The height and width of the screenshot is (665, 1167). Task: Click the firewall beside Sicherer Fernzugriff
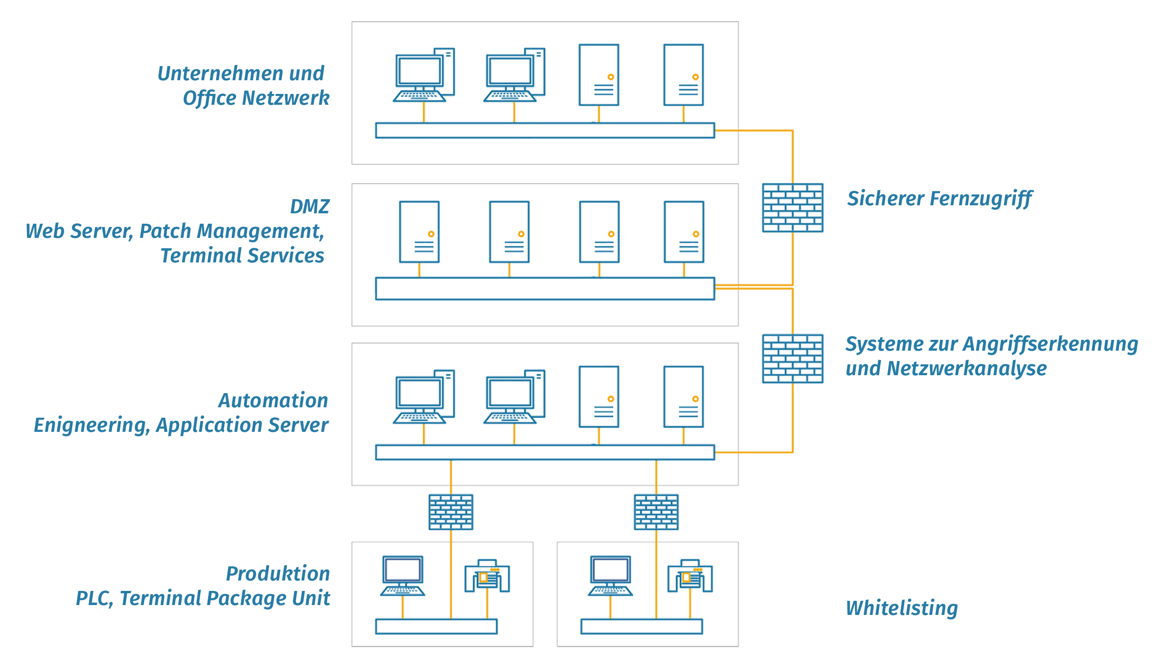point(793,208)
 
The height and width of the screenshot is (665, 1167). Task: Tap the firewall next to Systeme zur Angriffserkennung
point(793,359)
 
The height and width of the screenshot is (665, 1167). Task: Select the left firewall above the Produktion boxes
point(451,512)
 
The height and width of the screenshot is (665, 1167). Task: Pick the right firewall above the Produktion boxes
point(656,512)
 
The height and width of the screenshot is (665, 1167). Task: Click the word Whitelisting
point(902,608)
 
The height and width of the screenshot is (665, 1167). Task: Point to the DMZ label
point(310,207)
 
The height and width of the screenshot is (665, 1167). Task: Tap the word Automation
point(273,401)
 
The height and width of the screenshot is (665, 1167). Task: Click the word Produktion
point(278,574)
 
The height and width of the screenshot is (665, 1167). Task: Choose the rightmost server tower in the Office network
point(684,75)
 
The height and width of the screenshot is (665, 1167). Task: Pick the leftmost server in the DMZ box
point(419,232)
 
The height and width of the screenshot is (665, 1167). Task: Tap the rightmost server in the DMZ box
point(684,232)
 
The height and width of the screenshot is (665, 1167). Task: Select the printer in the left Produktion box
point(487,576)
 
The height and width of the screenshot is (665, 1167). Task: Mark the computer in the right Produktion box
point(610,576)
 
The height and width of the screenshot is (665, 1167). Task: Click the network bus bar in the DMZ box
point(545,288)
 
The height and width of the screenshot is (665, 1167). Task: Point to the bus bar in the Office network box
point(545,130)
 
